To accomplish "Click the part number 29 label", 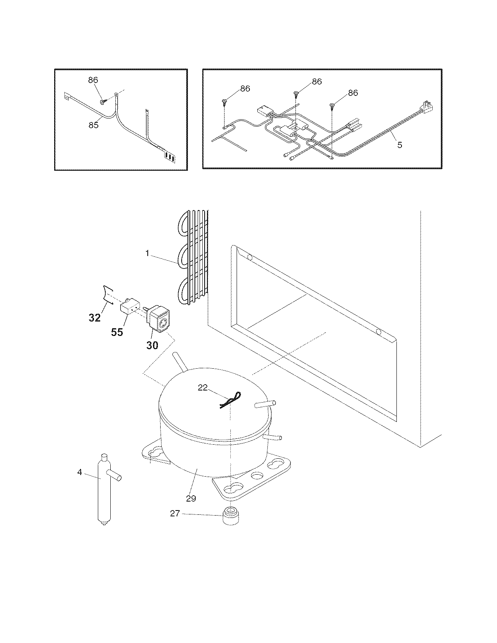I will click(191, 498).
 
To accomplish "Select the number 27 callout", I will click(175, 514).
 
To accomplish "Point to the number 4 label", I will click(80, 472).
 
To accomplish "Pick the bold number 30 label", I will click(152, 345).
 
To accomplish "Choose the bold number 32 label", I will click(94, 318).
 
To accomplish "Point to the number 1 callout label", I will click(148, 253).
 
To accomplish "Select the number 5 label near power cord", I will click(400, 145).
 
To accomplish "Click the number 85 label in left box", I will click(93, 125).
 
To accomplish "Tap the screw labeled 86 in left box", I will click(103, 102).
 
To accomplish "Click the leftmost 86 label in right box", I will click(245, 89).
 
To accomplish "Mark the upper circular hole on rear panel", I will click(250, 257).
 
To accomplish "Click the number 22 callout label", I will click(203, 387).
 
